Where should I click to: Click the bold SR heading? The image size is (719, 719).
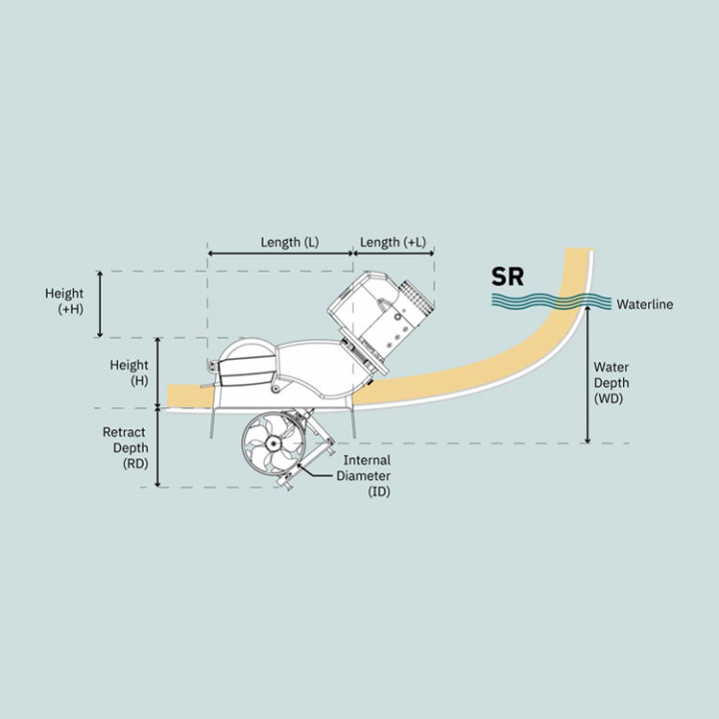507,277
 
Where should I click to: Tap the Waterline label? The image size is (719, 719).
645,304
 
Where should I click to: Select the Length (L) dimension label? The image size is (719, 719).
290,242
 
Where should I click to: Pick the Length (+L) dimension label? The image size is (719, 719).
393,242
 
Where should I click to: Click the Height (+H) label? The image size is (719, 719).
64,301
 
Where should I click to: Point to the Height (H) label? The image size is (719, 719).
129,372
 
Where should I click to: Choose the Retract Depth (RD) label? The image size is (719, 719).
125,447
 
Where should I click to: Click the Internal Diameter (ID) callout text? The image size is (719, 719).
363,475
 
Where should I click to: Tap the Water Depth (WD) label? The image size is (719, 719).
611,382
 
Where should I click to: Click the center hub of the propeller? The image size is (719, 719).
273,443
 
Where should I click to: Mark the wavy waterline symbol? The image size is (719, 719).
551,302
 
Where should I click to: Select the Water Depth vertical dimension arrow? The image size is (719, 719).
588,374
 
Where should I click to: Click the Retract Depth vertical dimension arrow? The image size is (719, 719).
158,447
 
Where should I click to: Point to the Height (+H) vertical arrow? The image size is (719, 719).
101,305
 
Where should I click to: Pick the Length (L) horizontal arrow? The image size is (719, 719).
281,253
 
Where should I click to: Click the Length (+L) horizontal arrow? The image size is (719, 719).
393,253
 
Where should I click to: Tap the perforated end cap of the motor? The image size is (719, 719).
415,298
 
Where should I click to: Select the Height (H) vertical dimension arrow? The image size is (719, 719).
158,372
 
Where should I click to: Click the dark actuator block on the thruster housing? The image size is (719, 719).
248,370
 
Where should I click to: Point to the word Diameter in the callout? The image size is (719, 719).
363,475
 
